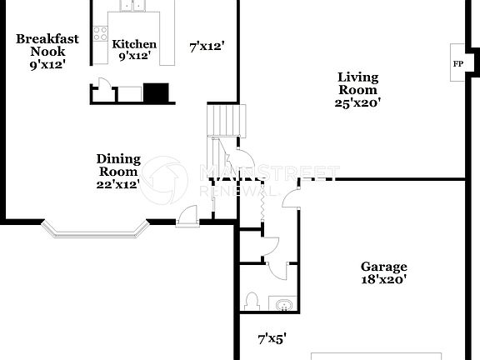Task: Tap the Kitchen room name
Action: click(134, 44)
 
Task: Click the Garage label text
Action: click(383, 267)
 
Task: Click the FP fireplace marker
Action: click(457, 63)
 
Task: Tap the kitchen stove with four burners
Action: click(101, 35)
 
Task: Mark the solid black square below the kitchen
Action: click(156, 92)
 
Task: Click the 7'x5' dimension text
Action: click(272, 338)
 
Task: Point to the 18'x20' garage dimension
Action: click(383, 281)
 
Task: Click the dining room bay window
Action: click(93, 229)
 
